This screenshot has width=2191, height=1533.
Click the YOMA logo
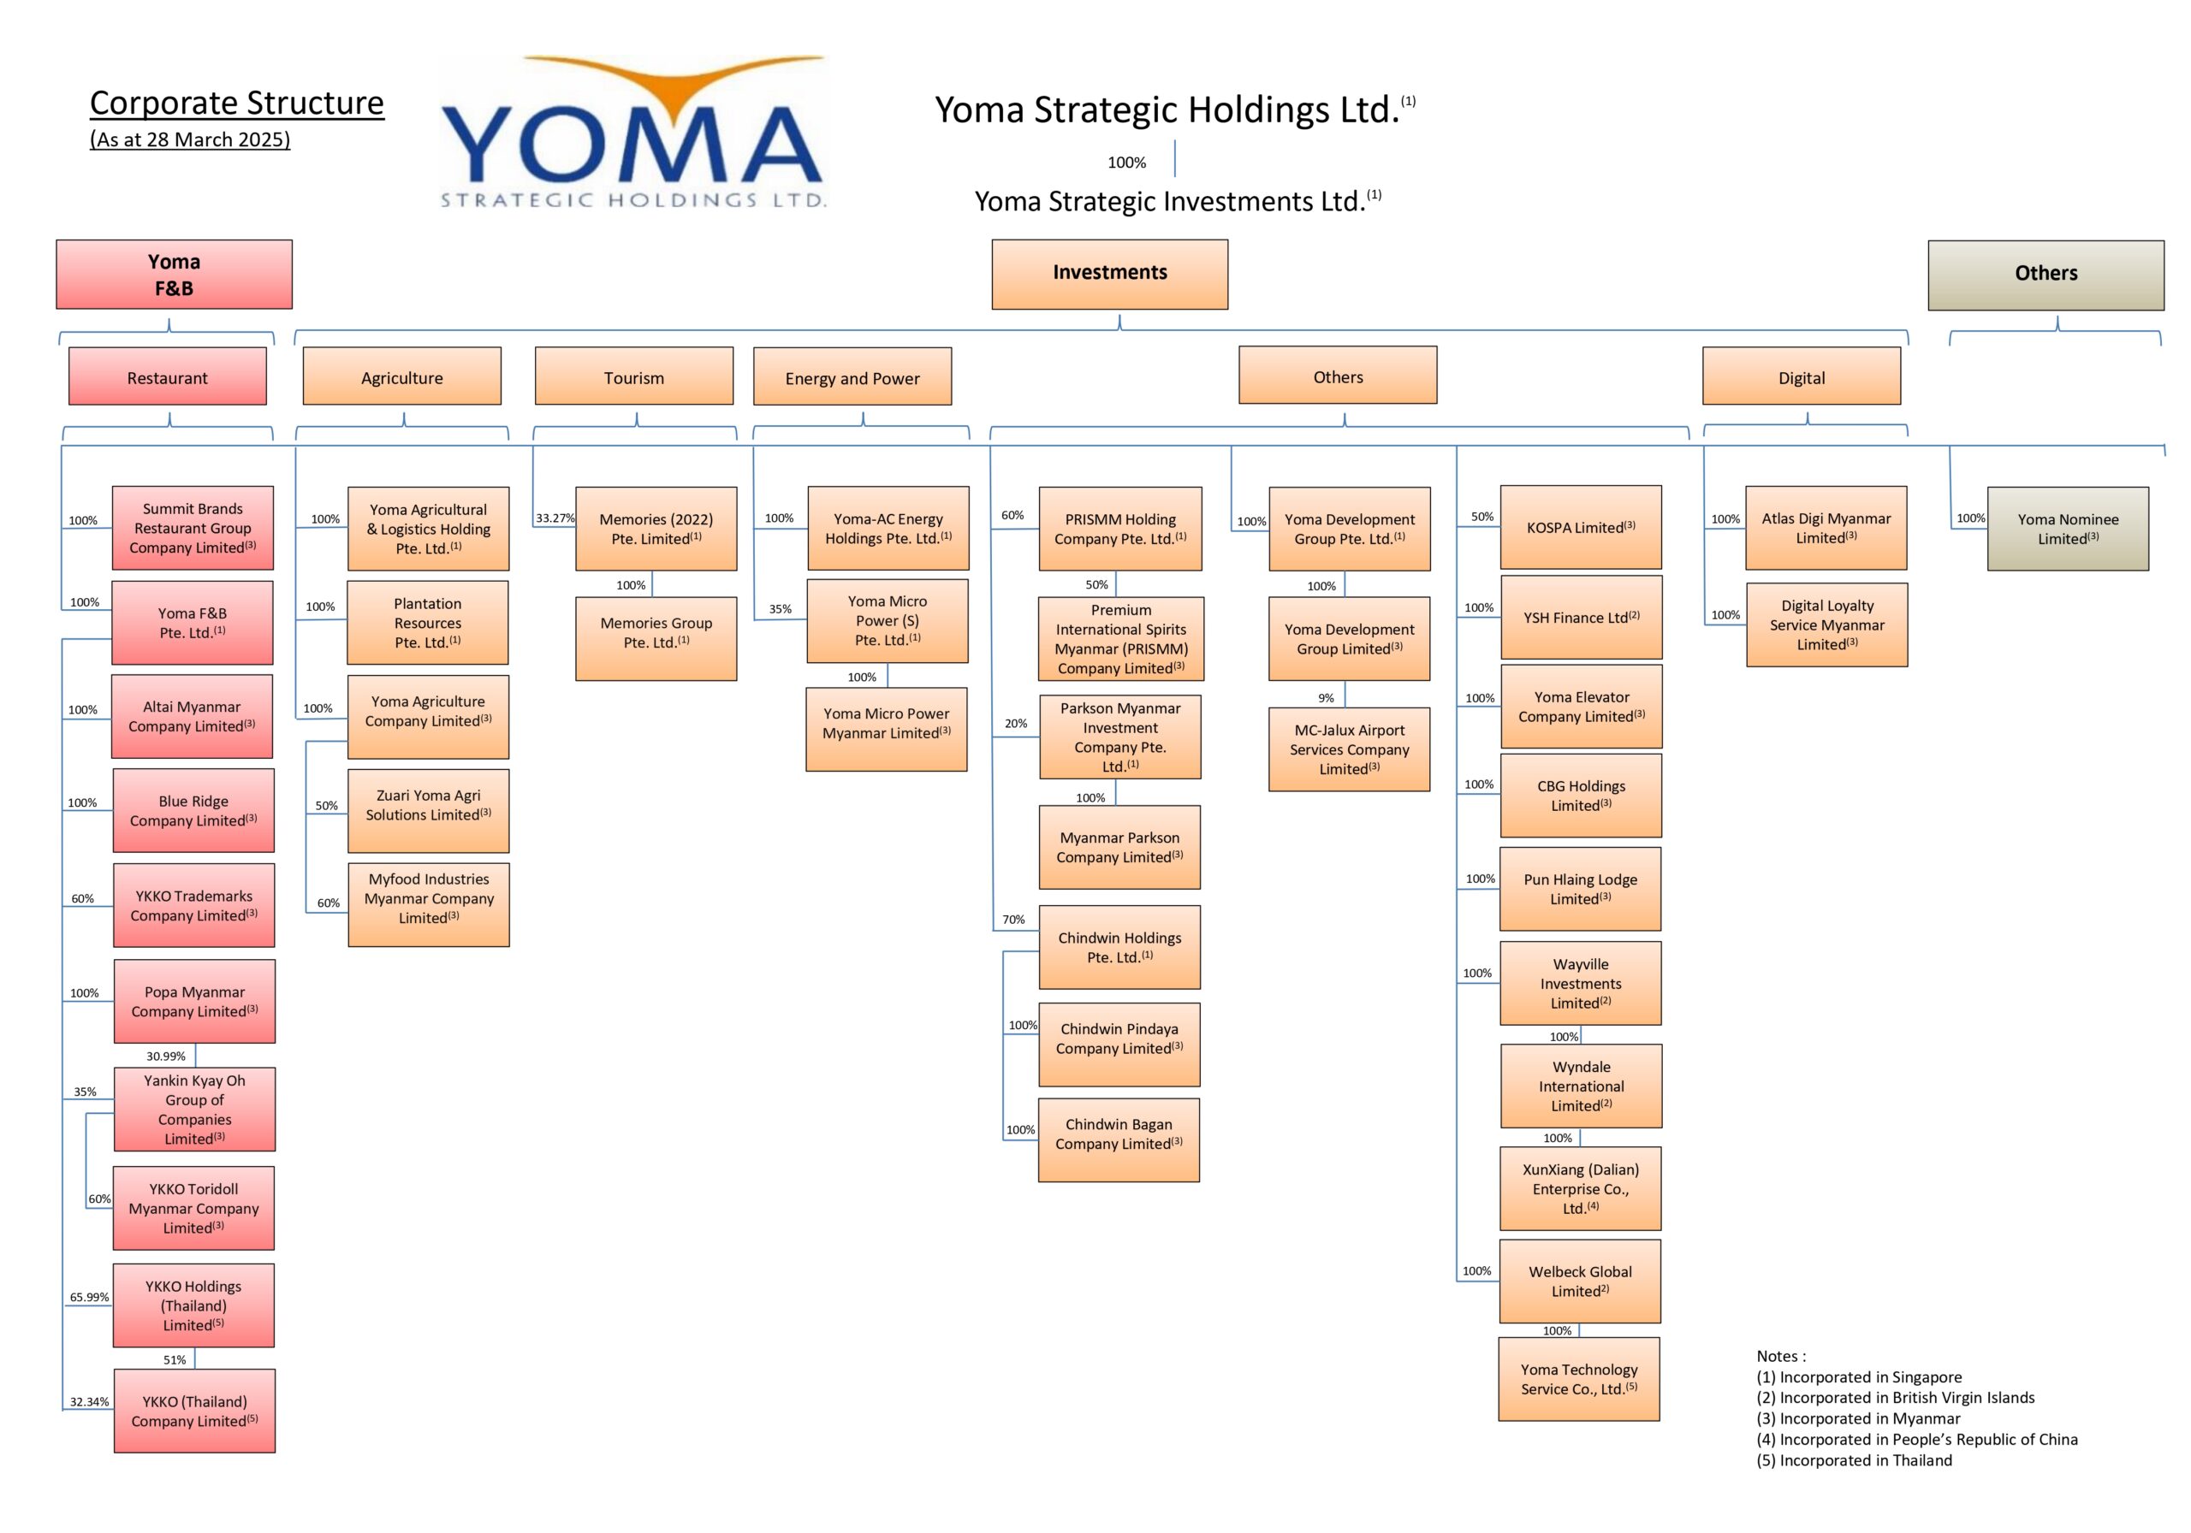click(632, 132)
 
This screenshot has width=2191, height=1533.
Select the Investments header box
click(1110, 274)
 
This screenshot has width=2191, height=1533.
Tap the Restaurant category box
click(167, 376)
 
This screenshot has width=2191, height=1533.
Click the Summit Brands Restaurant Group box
click(193, 528)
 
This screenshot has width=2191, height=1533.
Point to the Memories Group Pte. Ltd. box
click(656, 638)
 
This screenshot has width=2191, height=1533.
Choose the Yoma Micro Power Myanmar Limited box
click(887, 729)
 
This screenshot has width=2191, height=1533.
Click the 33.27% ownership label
click(555, 518)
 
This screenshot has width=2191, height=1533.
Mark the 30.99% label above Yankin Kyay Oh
click(166, 1056)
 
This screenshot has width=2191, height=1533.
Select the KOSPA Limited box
click(1582, 527)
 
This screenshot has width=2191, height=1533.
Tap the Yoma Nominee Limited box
click(2068, 529)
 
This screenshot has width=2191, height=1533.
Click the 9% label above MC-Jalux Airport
click(1327, 698)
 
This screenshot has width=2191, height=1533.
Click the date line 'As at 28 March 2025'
click(190, 139)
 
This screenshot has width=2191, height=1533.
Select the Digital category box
click(1802, 376)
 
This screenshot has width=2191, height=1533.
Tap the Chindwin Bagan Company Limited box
click(1119, 1140)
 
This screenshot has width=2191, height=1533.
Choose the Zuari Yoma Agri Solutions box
click(429, 811)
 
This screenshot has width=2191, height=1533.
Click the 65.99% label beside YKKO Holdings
click(90, 1298)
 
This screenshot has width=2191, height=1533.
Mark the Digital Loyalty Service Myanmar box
click(1826, 624)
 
